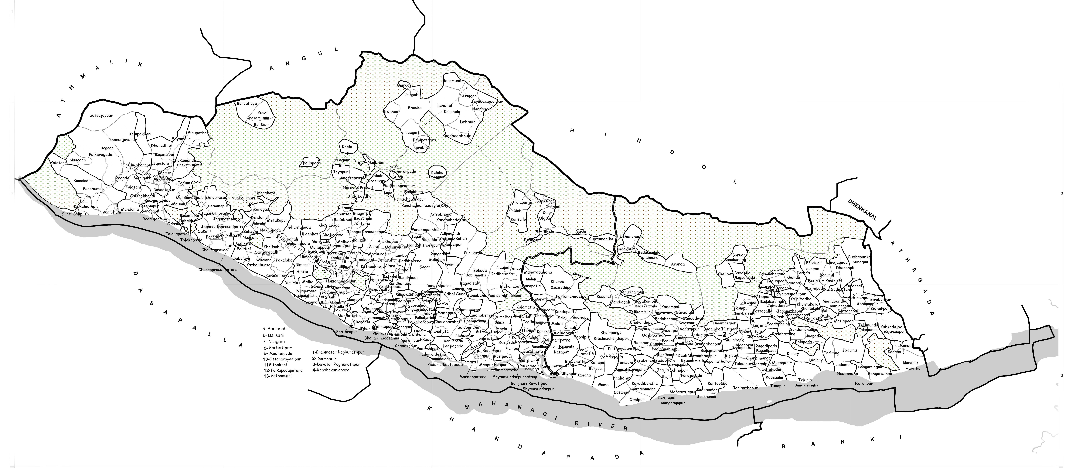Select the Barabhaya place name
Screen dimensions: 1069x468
coord(247,104)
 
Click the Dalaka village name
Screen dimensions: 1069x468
coord(437,173)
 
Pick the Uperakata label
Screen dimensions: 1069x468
coord(266,193)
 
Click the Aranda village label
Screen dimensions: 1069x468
coord(678,264)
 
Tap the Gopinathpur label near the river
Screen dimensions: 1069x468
coord(745,388)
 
